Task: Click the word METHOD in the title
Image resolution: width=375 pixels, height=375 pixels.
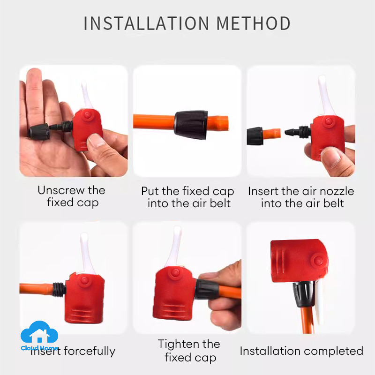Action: [x=254, y=23]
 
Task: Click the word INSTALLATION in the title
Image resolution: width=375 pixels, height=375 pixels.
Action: [x=146, y=23]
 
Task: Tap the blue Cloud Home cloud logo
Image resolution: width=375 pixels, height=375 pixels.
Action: [x=39, y=332]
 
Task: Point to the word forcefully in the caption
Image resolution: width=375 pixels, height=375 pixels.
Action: [x=90, y=351]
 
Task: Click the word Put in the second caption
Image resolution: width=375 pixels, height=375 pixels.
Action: [x=150, y=191]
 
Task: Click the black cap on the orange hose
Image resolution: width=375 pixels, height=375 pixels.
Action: [x=191, y=124]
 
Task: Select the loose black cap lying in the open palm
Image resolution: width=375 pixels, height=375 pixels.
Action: [x=39, y=132]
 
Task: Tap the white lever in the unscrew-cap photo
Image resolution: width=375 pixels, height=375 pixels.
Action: [x=87, y=95]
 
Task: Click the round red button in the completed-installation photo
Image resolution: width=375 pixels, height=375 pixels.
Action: [x=318, y=261]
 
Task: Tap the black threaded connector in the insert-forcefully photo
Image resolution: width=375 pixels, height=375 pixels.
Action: [x=59, y=289]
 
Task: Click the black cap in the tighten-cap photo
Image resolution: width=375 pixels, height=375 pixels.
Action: [x=207, y=289]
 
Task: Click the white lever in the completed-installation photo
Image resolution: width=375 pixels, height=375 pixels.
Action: [x=319, y=302]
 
